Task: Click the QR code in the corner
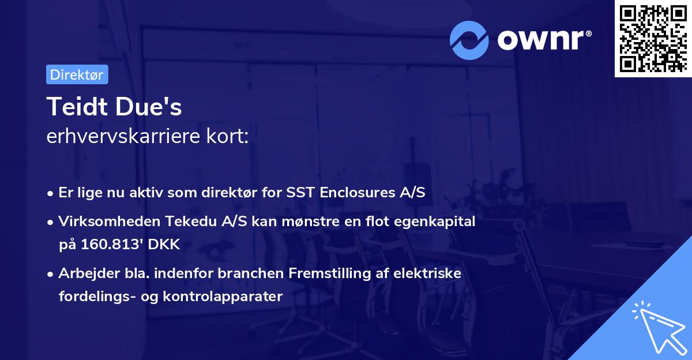[x=653, y=39]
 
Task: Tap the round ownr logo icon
[x=469, y=40]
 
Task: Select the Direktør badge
[x=77, y=75]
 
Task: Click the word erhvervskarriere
[x=124, y=137]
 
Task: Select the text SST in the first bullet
[x=300, y=193]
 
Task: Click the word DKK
[x=164, y=245]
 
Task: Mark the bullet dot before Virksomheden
[x=51, y=221]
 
